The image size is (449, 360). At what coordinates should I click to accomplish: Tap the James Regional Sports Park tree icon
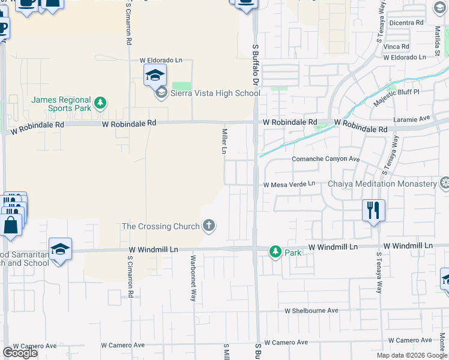(101, 104)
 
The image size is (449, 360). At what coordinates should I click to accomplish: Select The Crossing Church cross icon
(209, 226)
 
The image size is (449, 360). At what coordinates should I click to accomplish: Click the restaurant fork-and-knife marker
(373, 210)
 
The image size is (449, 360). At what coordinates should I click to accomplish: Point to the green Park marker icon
(276, 252)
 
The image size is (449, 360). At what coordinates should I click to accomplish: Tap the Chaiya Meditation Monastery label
(381, 184)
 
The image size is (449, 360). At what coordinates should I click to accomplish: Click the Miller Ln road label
(224, 140)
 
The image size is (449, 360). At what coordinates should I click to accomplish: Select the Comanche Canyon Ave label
(325, 159)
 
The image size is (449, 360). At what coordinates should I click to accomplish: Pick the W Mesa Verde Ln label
(289, 184)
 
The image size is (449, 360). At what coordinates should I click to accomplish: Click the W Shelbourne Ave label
(312, 311)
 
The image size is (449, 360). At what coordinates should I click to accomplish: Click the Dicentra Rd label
(406, 23)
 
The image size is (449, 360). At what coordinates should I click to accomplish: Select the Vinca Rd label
(397, 46)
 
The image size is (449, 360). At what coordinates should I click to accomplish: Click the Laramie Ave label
(412, 119)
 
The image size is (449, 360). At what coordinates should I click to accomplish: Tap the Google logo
(20, 353)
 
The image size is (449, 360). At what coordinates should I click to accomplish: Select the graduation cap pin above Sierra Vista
(154, 76)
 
